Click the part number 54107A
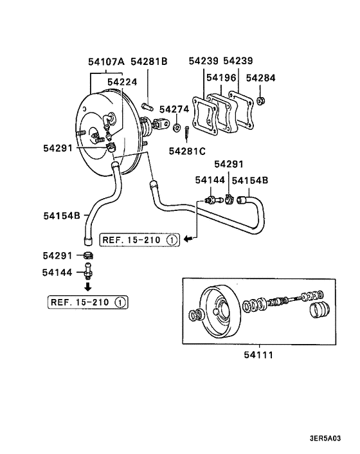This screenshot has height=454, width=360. (107, 62)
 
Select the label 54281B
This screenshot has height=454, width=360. (149, 62)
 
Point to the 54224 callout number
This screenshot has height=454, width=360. (122, 82)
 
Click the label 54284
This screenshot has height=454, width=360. (261, 78)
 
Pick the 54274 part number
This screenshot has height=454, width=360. (174, 109)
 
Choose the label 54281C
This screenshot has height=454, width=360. (187, 151)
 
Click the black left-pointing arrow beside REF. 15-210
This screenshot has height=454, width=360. (187, 240)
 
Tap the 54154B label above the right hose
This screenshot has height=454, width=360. (251, 182)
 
